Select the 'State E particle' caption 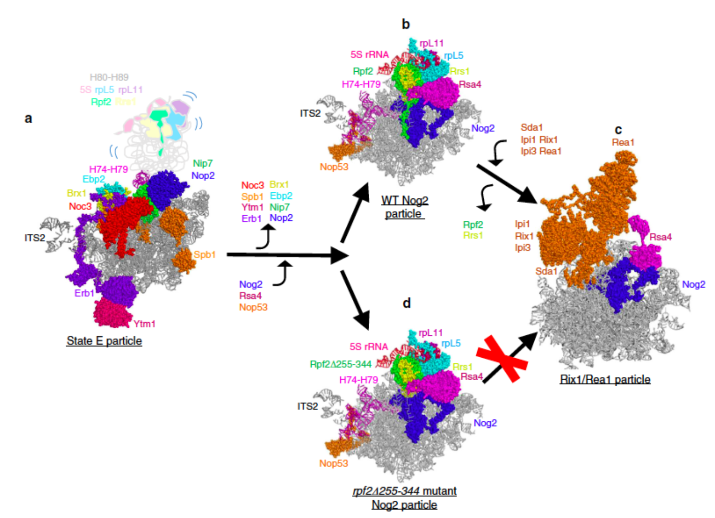[x=104, y=341]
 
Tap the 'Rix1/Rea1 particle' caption [x=605, y=379]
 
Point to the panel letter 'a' [x=29, y=118]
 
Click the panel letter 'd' [x=406, y=303]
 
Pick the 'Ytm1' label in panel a [x=144, y=324]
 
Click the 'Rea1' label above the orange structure [x=623, y=142]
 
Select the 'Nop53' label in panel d [x=333, y=463]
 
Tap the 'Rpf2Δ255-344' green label [x=341, y=364]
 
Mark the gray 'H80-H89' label [x=109, y=77]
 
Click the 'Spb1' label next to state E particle [x=204, y=254]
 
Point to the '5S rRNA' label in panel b [x=370, y=54]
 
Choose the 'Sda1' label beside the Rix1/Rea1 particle [x=546, y=271]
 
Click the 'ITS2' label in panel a [x=35, y=238]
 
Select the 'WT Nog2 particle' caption [x=404, y=207]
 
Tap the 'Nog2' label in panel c [x=693, y=284]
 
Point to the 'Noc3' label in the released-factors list [x=252, y=185]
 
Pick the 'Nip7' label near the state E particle [x=202, y=163]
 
